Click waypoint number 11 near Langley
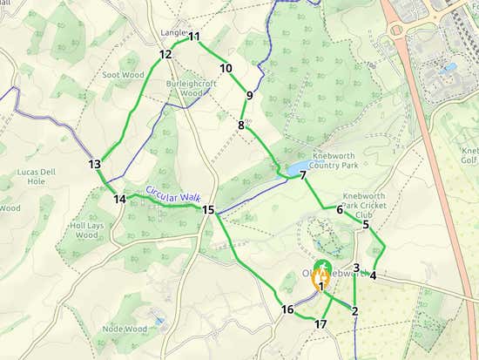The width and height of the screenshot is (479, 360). (194, 37)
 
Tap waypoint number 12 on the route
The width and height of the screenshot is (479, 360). (165, 54)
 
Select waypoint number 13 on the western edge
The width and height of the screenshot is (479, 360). (95, 164)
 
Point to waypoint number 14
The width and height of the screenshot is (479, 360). (119, 199)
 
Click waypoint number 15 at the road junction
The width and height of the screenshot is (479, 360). (208, 210)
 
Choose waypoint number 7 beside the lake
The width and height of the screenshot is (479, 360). (303, 175)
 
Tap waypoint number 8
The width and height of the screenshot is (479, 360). (241, 126)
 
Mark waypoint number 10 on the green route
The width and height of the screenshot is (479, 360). (226, 68)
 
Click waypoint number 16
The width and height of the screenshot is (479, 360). (287, 309)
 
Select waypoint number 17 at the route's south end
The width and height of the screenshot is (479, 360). (320, 324)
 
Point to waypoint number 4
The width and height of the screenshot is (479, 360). (373, 275)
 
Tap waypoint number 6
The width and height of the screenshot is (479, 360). (339, 209)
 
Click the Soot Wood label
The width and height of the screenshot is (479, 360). (123, 76)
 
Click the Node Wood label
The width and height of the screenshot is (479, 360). (124, 329)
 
